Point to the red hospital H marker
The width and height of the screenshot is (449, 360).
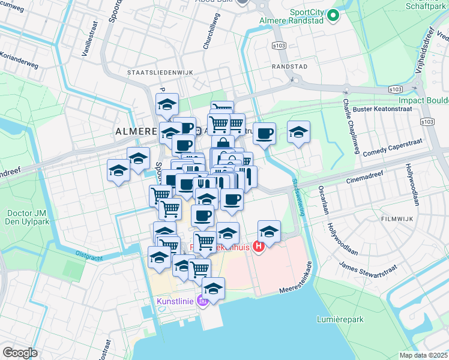[x=259, y=246]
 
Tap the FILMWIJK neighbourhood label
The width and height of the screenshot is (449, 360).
[x=399, y=220]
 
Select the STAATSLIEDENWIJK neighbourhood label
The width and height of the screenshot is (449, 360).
[x=160, y=72]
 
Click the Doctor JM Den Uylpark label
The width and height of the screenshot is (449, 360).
[x=26, y=217]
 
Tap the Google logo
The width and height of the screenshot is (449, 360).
[x=20, y=352]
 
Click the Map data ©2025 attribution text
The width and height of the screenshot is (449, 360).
[x=423, y=355]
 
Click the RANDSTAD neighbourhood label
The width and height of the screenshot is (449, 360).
[x=289, y=66]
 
